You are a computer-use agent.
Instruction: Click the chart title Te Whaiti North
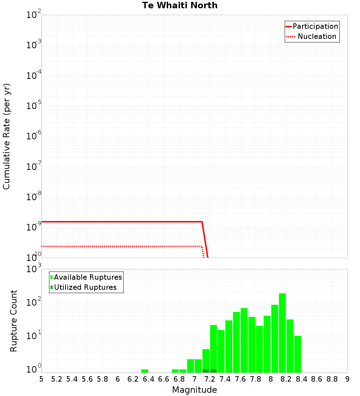[x=180, y=5]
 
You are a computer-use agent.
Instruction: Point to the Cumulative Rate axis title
[x=6, y=136]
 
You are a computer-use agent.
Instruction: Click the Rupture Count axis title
[x=14, y=321]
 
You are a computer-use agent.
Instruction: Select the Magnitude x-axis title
[x=194, y=390]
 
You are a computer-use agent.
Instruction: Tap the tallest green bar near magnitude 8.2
[x=282, y=333]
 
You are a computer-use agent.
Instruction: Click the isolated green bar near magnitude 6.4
[x=145, y=371]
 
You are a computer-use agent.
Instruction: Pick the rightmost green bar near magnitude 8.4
[x=297, y=354]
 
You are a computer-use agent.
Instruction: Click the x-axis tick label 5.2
[x=57, y=379]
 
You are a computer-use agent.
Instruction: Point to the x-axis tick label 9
[x=347, y=379]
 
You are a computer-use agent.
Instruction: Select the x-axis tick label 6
[x=118, y=379]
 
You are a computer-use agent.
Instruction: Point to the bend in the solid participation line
[x=202, y=222]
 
